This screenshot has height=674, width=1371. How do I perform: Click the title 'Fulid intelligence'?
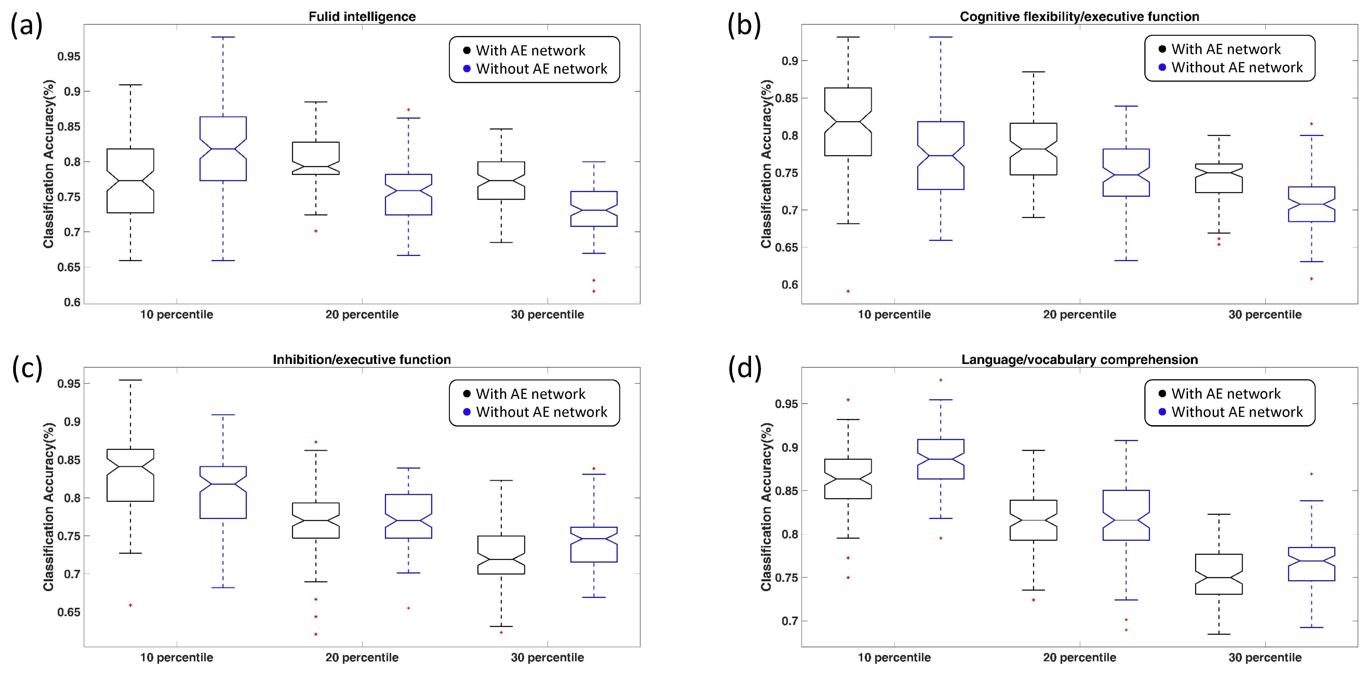pyautogui.click(x=362, y=17)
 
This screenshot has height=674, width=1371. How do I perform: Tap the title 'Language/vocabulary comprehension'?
pyautogui.click(x=1079, y=360)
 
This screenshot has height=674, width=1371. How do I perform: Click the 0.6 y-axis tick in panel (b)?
pyautogui.click(x=790, y=285)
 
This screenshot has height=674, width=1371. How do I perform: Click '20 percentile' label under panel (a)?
pyautogui.click(x=362, y=315)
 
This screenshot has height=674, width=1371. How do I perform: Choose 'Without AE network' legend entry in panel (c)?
pyautogui.click(x=541, y=412)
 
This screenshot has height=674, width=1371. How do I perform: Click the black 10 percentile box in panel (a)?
pyautogui.click(x=130, y=181)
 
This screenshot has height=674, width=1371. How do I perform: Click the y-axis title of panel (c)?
pyautogui.click(x=49, y=507)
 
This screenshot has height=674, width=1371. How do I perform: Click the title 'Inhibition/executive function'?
pyautogui.click(x=362, y=360)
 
